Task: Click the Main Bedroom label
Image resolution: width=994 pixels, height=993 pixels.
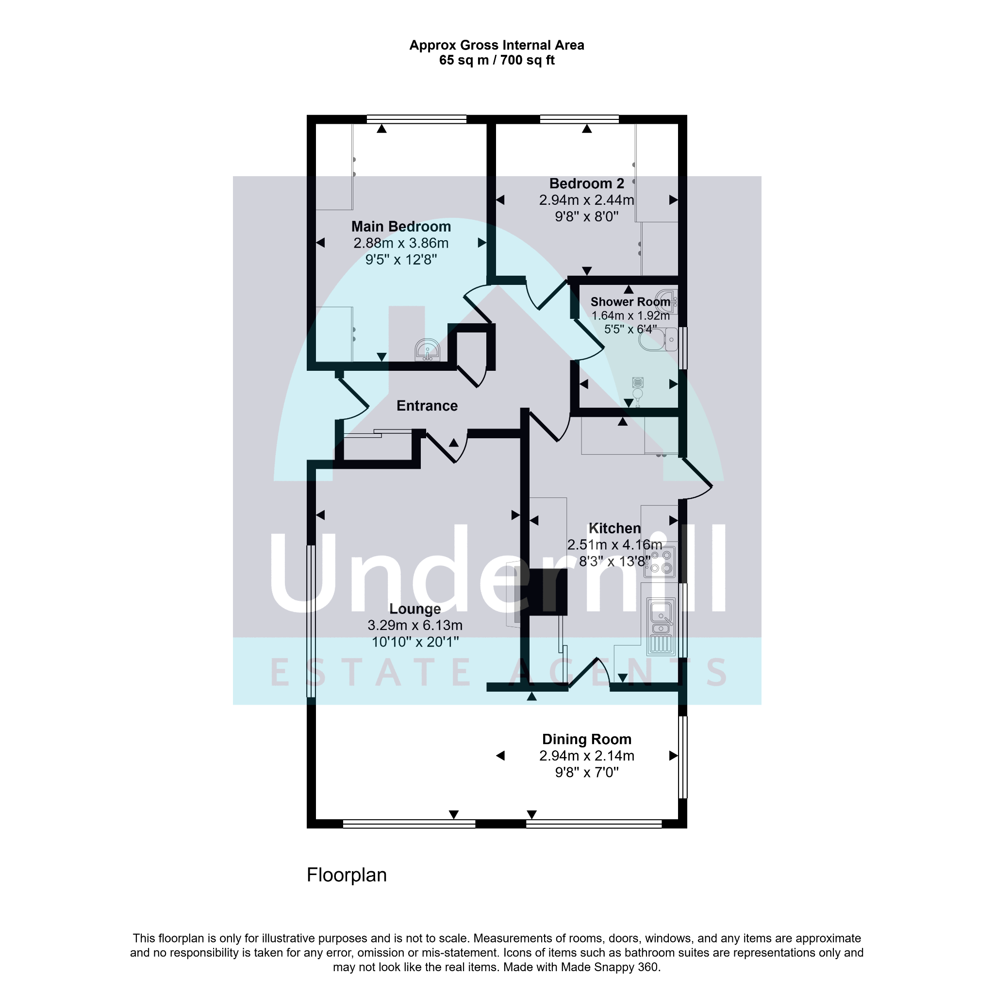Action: coord(401,227)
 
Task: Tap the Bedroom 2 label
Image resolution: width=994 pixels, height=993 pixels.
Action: coord(586,183)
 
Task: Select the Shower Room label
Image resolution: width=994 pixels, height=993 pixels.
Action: coord(630,302)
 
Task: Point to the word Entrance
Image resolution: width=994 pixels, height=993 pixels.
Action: coord(427,406)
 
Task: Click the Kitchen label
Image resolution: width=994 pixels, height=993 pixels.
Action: coord(614,529)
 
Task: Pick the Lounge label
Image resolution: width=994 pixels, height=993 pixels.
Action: coord(414,609)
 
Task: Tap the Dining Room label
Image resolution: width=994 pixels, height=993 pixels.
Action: coord(586,739)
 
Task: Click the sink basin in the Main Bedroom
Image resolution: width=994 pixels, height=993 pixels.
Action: coord(428,350)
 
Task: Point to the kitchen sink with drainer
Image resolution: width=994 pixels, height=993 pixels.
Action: coord(661,627)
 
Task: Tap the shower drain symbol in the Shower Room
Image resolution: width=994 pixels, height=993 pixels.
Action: coord(638,382)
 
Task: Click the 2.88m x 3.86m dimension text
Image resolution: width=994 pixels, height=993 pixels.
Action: coord(401,243)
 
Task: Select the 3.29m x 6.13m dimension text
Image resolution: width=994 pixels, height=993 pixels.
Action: coord(414,626)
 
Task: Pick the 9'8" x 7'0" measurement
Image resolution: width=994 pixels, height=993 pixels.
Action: coord(586,772)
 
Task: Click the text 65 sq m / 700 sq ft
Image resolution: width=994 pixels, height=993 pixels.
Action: coord(497,60)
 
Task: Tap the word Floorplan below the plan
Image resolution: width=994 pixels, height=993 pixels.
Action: coord(346,875)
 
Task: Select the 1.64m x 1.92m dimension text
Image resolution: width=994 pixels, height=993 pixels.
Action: coord(630,316)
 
